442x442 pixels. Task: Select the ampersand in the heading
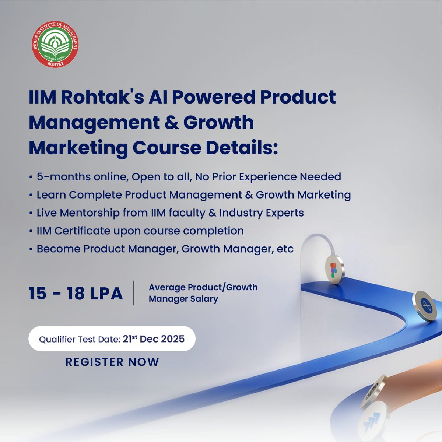click(172, 123)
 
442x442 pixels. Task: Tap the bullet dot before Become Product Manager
click(31, 249)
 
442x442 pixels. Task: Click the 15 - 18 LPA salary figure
click(76, 294)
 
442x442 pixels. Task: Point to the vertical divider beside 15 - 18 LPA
click(134, 293)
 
